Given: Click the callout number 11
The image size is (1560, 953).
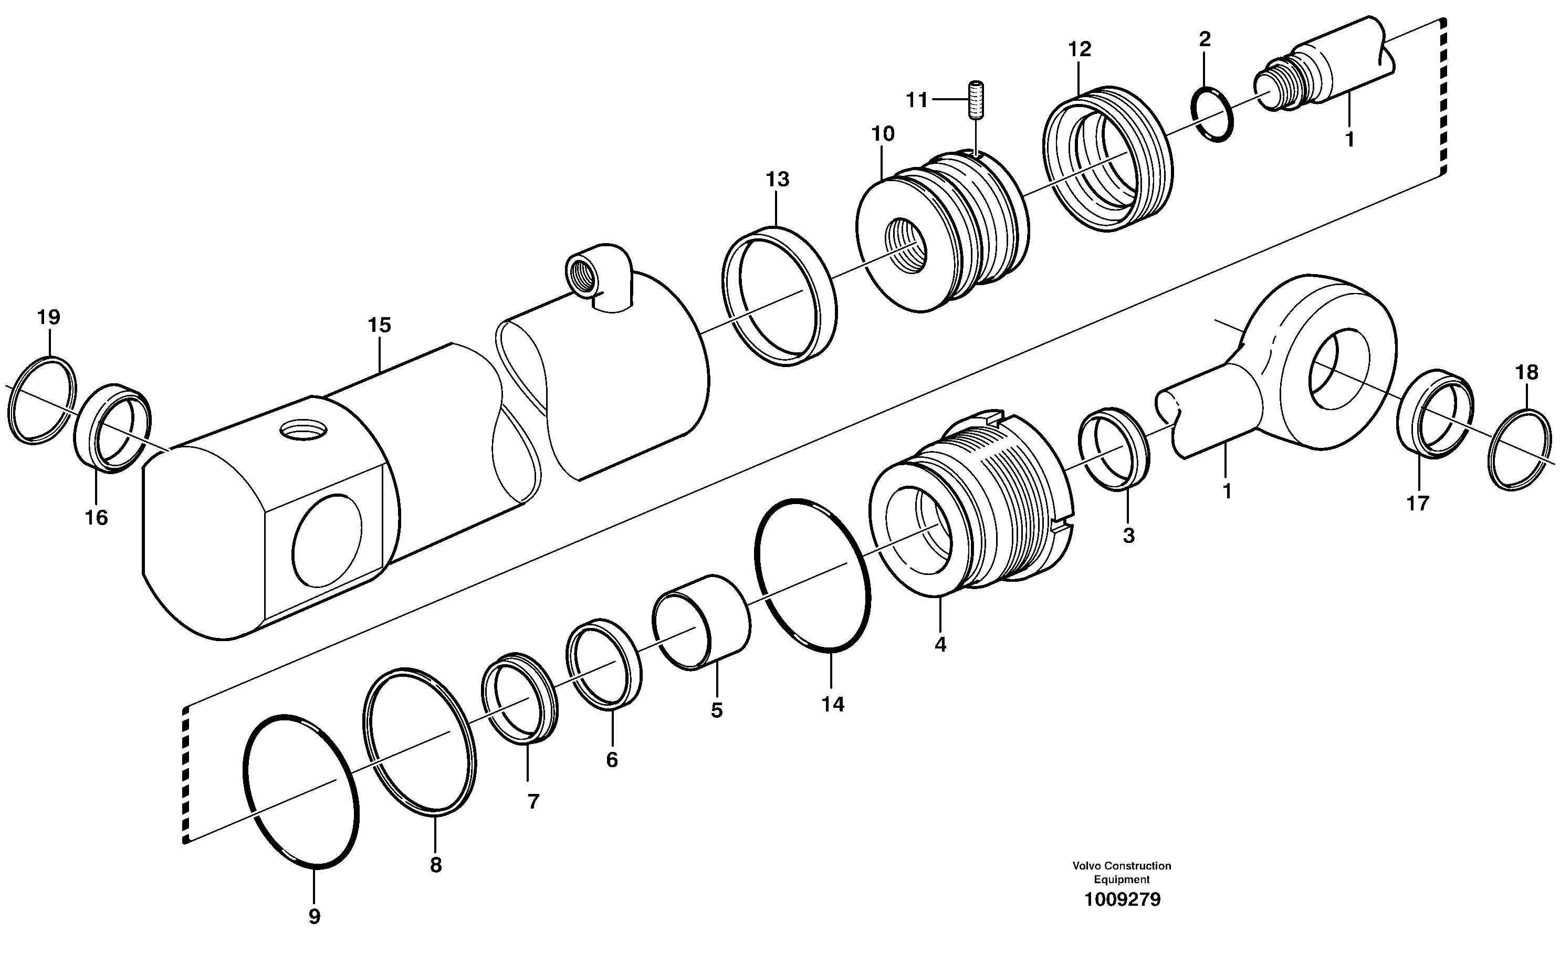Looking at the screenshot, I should pyautogui.click(x=916, y=100).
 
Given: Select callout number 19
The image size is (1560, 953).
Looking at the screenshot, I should pyautogui.click(x=49, y=317).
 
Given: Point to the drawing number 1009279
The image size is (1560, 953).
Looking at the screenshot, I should pyautogui.click(x=1122, y=900).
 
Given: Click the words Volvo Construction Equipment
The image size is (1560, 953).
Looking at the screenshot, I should pyautogui.click(x=1121, y=872).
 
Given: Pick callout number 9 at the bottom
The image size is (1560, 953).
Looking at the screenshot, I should pyautogui.click(x=314, y=916).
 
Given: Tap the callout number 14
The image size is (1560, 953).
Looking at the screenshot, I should pyautogui.click(x=833, y=704).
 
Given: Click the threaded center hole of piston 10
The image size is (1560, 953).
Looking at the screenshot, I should pyautogui.click(x=905, y=246).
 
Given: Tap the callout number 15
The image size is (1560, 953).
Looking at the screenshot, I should pyautogui.click(x=379, y=326).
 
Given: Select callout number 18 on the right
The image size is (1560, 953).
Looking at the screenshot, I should pyautogui.click(x=1527, y=372).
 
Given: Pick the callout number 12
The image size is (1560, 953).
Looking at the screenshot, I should pyautogui.click(x=1080, y=49).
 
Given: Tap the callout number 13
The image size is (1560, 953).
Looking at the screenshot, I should pyautogui.click(x=778, y=180).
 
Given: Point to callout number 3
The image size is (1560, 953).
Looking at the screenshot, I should pyautogui.click(x=1129, y=536).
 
